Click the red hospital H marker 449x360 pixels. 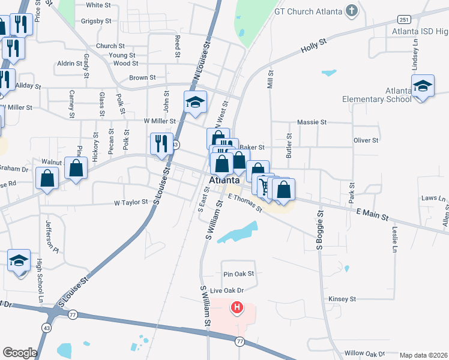click(237, 308)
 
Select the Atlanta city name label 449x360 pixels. click(225, 180)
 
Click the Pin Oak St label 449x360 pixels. click(239, 274)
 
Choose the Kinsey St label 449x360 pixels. click(343, 298)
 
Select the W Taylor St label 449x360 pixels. click(131, 203)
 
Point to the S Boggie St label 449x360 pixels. click(320, 231)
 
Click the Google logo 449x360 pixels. click(20, 353)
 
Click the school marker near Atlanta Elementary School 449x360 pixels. click(423, 85)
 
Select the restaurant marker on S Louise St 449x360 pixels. click(161, 144)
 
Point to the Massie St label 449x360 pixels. click(312, 122)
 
